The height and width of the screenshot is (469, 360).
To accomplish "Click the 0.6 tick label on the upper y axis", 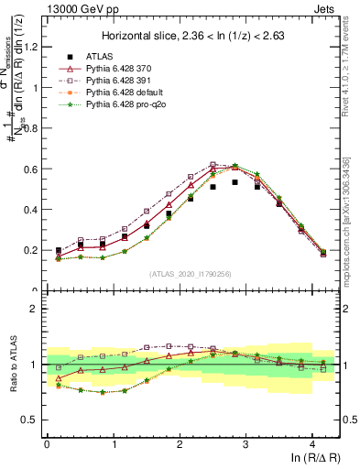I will point(32,169).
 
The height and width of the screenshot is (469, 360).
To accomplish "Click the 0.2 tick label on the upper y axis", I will point(32,250).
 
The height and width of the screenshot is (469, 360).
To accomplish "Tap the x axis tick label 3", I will point(246,443).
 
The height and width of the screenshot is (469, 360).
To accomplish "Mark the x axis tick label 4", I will point(313,443).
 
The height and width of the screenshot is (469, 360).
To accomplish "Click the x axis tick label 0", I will point(47,443).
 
